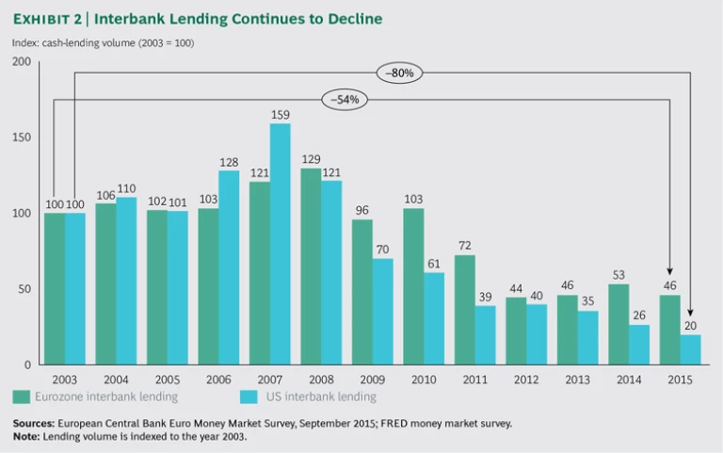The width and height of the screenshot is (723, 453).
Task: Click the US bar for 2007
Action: [281, 244]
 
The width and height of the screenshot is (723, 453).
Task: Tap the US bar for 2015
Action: [690, 349]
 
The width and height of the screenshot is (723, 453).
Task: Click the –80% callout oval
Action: [396, 73]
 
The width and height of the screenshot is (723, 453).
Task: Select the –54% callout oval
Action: [344, 99]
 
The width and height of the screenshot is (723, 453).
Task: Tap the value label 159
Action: [280, 116]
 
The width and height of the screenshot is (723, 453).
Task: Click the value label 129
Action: [311, 161]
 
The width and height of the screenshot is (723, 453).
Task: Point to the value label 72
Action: [464, 247]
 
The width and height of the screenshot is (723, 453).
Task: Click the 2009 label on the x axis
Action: [373, 379]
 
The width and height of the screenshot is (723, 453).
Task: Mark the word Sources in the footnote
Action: [32, 423]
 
